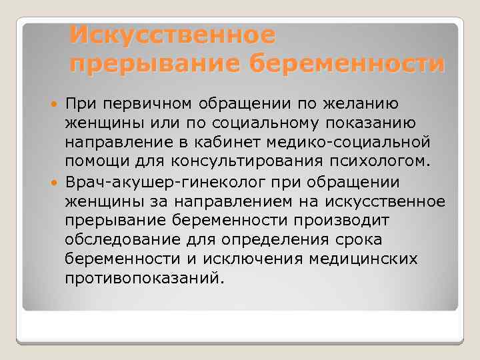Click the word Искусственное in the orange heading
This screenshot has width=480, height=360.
[172, 33]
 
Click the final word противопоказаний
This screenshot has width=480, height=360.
[141, 277]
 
